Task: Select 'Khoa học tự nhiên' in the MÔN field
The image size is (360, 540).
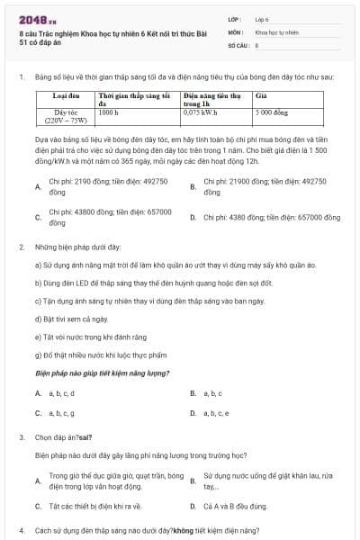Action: click(x=275, y=31)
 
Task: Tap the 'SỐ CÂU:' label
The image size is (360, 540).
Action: click(x=238, y=43)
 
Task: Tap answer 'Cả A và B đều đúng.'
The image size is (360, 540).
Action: click(x=235, y=506)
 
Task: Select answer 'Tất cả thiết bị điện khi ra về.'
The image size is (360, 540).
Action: click(x=95, y=506)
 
